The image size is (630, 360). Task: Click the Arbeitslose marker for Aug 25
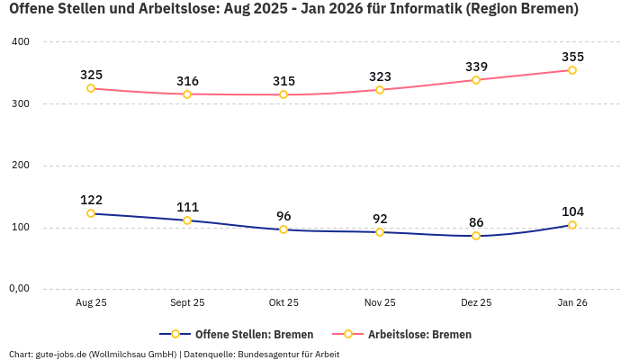tap(91, 88)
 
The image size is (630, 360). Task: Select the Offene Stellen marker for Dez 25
tap(476, 236)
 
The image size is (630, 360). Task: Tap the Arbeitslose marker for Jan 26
tap(572, 70)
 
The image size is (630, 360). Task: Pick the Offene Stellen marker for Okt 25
tap(283, 229)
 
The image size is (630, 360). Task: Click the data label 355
tap(572, 57)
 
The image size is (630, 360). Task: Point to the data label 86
tap(476, 222)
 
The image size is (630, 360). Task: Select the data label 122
tap(91, 200)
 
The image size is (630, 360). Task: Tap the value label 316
tap(187, 81)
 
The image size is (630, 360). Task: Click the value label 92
tap(380, 219)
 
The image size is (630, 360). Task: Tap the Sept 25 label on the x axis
tap(187, 303)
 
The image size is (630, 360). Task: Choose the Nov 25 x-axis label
tap(380, 303)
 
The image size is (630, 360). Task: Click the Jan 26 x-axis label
tap(572, 303)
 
